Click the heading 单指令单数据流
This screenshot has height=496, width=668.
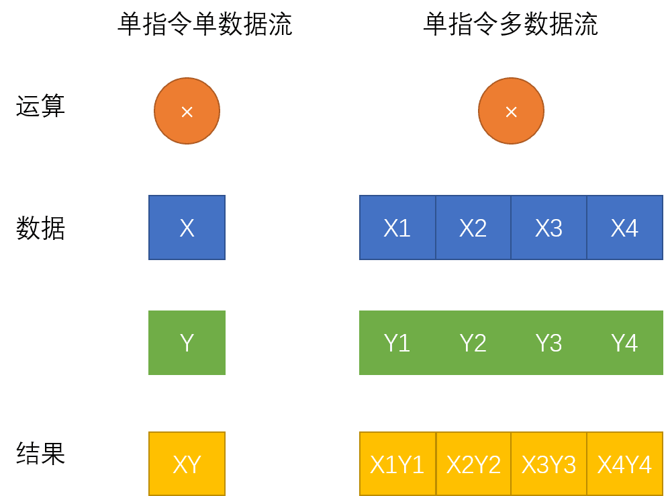coord(205,25)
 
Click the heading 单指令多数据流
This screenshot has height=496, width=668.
coord(510,25)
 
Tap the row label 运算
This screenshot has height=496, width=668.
coord(40,106)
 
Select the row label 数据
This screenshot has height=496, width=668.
coord(40,229)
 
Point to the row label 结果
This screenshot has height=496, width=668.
coord(40,454)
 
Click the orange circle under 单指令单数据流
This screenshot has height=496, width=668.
coord(187,112)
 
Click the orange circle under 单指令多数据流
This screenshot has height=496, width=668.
coord(511,112)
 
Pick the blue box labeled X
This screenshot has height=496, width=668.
coord(187,228)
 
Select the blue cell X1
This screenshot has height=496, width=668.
coord(397,228)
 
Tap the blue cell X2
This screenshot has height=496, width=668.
coord(473,228)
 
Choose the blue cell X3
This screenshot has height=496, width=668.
coord(548,228)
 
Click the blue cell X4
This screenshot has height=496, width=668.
coord(624,228)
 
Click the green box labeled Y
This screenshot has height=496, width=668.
coord(187,343)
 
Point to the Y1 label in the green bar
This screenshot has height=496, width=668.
coord(397,343)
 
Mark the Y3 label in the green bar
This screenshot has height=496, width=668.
coord(548,343)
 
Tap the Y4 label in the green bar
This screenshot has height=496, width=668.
coord(624,343)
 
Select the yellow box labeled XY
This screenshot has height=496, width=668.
coord(187,464)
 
